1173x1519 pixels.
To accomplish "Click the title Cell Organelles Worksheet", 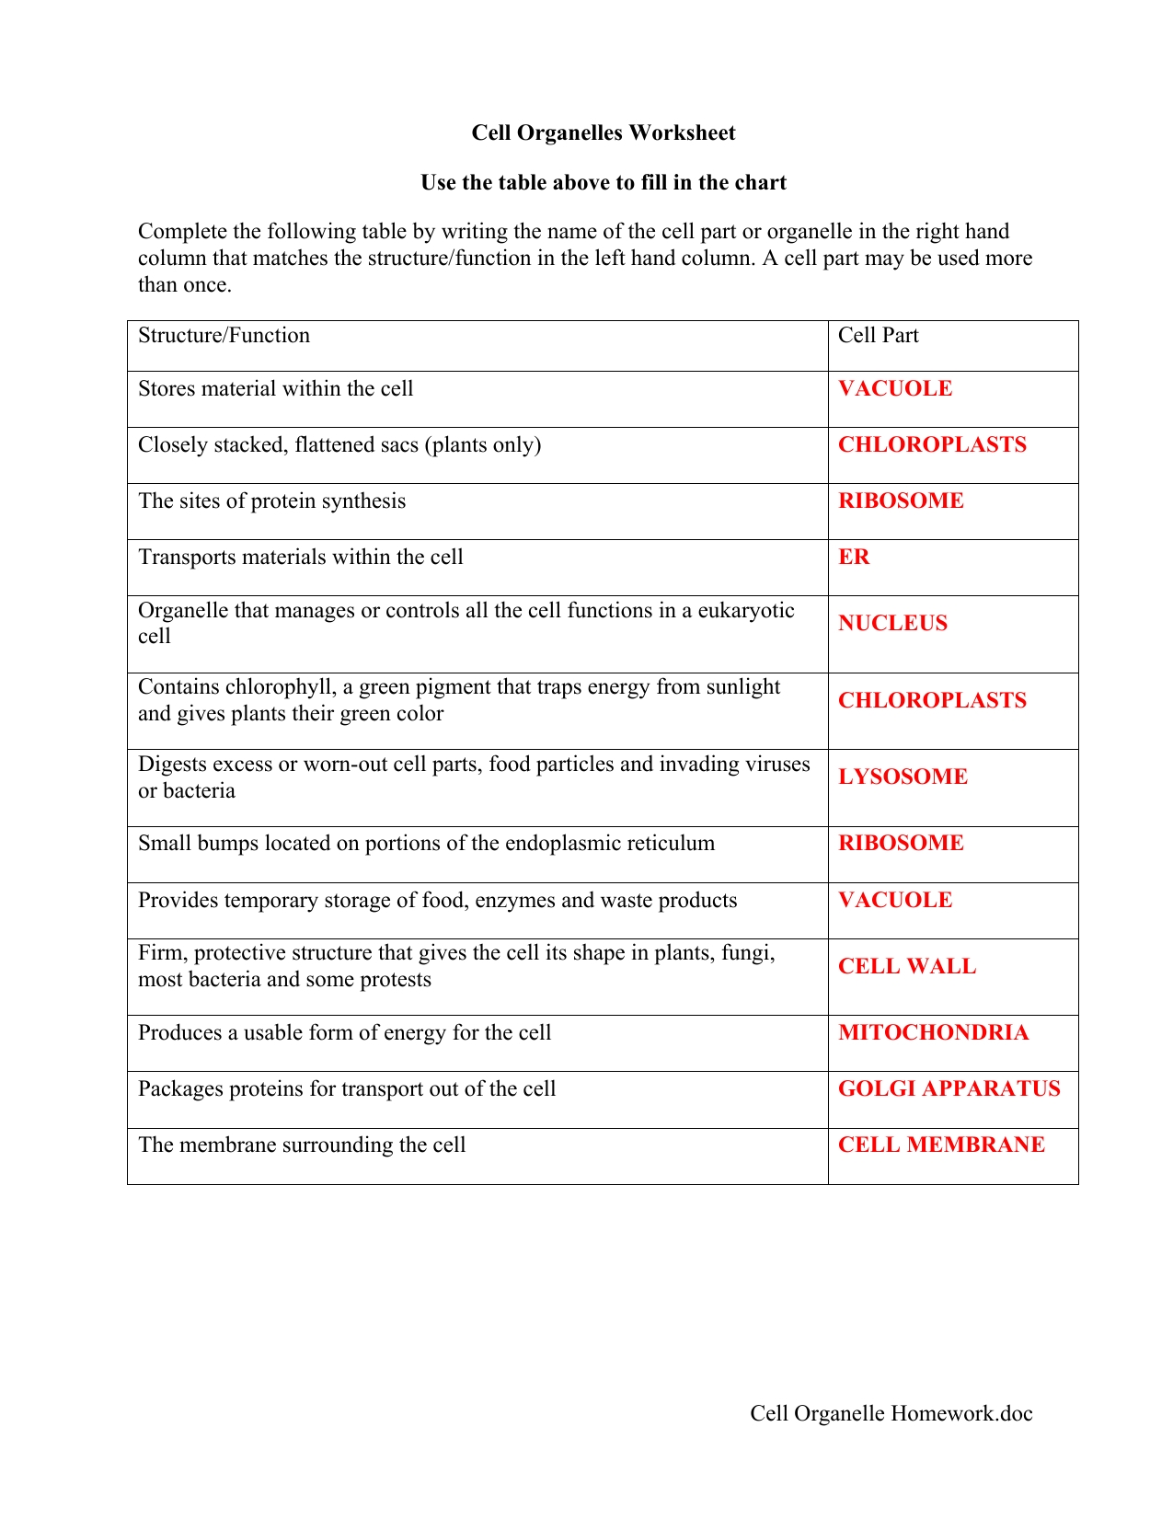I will (x=603, y=132).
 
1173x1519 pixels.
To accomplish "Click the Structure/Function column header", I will (x=224, y=335).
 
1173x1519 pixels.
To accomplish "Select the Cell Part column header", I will (x=878, y=335).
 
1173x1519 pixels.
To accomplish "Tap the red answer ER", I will (x=854, y=557).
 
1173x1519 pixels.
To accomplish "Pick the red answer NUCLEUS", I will (x=892, y=623).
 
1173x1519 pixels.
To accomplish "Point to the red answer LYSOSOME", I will (x=903, y=777).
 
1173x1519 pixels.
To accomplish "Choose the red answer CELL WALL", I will (x=907, y=966).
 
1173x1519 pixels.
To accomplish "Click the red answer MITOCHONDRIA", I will (x=933, y=1032).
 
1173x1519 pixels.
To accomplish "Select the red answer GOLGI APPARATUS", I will (x=949, y=1088).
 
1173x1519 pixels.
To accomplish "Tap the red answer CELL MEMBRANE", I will (x=941, y=1145).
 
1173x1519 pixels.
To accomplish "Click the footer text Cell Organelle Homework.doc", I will (x=891, y=1413).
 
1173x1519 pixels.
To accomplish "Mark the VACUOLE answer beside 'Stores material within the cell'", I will (x=895, y=388).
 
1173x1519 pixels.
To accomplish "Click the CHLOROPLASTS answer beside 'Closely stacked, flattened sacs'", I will (x=932, y=444).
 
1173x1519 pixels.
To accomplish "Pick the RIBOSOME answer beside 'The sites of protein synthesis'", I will (x=901, y=501).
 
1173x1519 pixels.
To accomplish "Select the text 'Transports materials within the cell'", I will (x=300, y=557).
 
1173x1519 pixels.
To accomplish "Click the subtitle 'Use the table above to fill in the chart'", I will (x=603, y=182).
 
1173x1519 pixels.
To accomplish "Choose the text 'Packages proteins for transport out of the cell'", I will (x=347, y=1088).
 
